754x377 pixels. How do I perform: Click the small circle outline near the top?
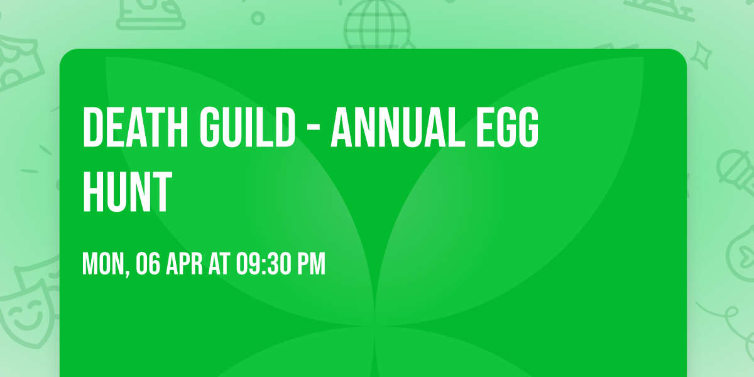tap(258, 18)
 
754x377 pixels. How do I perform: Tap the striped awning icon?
tap(19, 60)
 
